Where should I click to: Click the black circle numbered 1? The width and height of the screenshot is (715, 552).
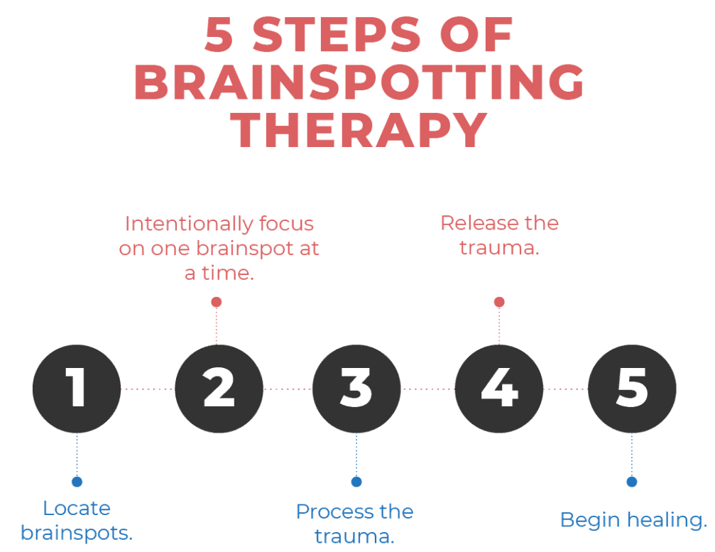(x=77, y=389)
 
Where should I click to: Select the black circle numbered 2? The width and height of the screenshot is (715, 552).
(x=219, y=389)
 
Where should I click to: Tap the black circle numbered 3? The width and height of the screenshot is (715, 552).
(x=356, y=389)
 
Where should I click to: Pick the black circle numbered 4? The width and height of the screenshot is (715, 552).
(x=499, y=389)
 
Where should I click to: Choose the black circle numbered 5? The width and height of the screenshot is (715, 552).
(x=632, y=389)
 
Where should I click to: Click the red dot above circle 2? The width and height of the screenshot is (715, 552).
(x=217, y=302)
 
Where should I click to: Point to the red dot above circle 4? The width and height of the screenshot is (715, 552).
(x=499, y=302)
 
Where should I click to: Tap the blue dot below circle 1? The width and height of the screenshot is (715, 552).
(x=77, y=482)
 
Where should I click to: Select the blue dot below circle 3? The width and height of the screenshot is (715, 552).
(x=356, y=482)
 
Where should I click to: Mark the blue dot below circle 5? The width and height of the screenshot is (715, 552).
(x=631, y=482)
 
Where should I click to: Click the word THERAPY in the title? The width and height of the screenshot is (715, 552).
(x=359, y=130)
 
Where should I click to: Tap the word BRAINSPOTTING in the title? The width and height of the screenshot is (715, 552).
(x=359, y=82)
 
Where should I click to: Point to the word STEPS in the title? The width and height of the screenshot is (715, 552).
(x=337, y=34)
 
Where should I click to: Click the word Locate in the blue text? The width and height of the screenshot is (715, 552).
(x=77, y=508)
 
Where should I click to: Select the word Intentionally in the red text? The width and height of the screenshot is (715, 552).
(x=189, y=224)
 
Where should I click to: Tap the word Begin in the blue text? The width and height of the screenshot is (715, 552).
(x=591, y=521)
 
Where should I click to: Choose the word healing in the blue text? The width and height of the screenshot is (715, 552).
(x=667, y=521)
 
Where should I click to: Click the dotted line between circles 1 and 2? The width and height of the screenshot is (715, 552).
(x=148, y=389)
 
